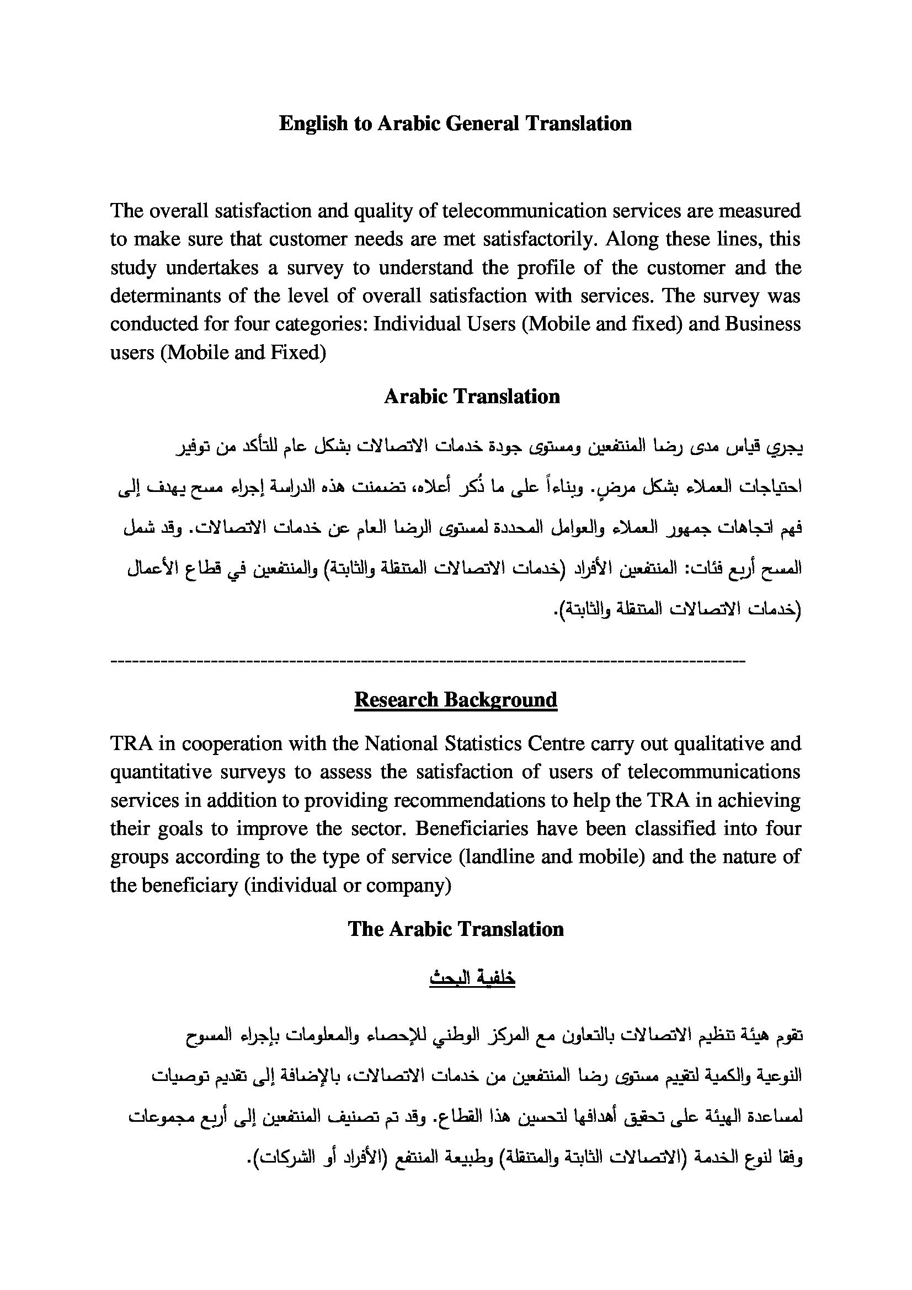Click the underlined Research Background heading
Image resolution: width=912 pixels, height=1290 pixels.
(x=455, y=699)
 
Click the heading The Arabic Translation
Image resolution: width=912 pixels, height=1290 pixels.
(x=456, y=929)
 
